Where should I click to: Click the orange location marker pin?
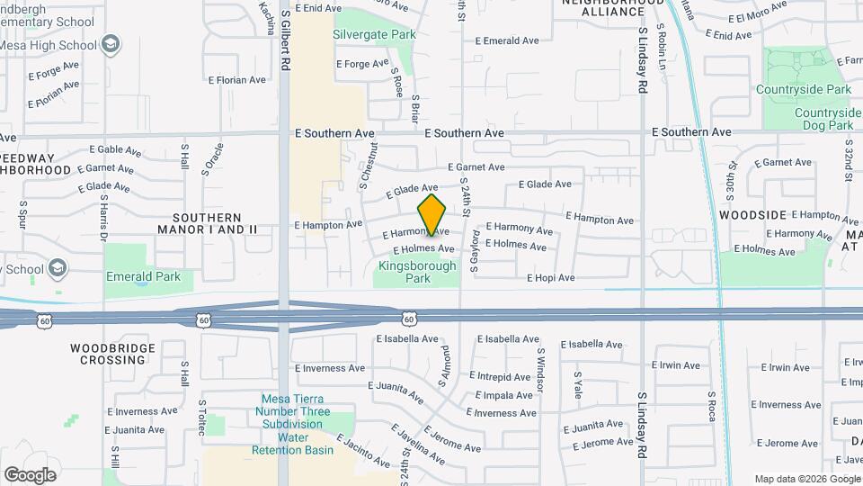click(432, 215)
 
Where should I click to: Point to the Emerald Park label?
click(142, 276)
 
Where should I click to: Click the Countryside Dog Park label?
click(823, 119)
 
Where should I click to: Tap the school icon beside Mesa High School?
click(111, 44)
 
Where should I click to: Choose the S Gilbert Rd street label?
click(285, 40)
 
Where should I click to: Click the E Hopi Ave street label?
click(550, 278)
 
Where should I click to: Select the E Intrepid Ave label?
click(503, 377)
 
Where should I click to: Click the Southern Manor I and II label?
click(207, 224)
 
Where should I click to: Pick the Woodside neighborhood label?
click(753, 215)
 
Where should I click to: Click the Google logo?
click(30, 475)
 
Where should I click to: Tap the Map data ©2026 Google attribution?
click(806, 479)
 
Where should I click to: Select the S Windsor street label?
click(540, 370)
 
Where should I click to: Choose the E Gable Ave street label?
click(116, 150)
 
